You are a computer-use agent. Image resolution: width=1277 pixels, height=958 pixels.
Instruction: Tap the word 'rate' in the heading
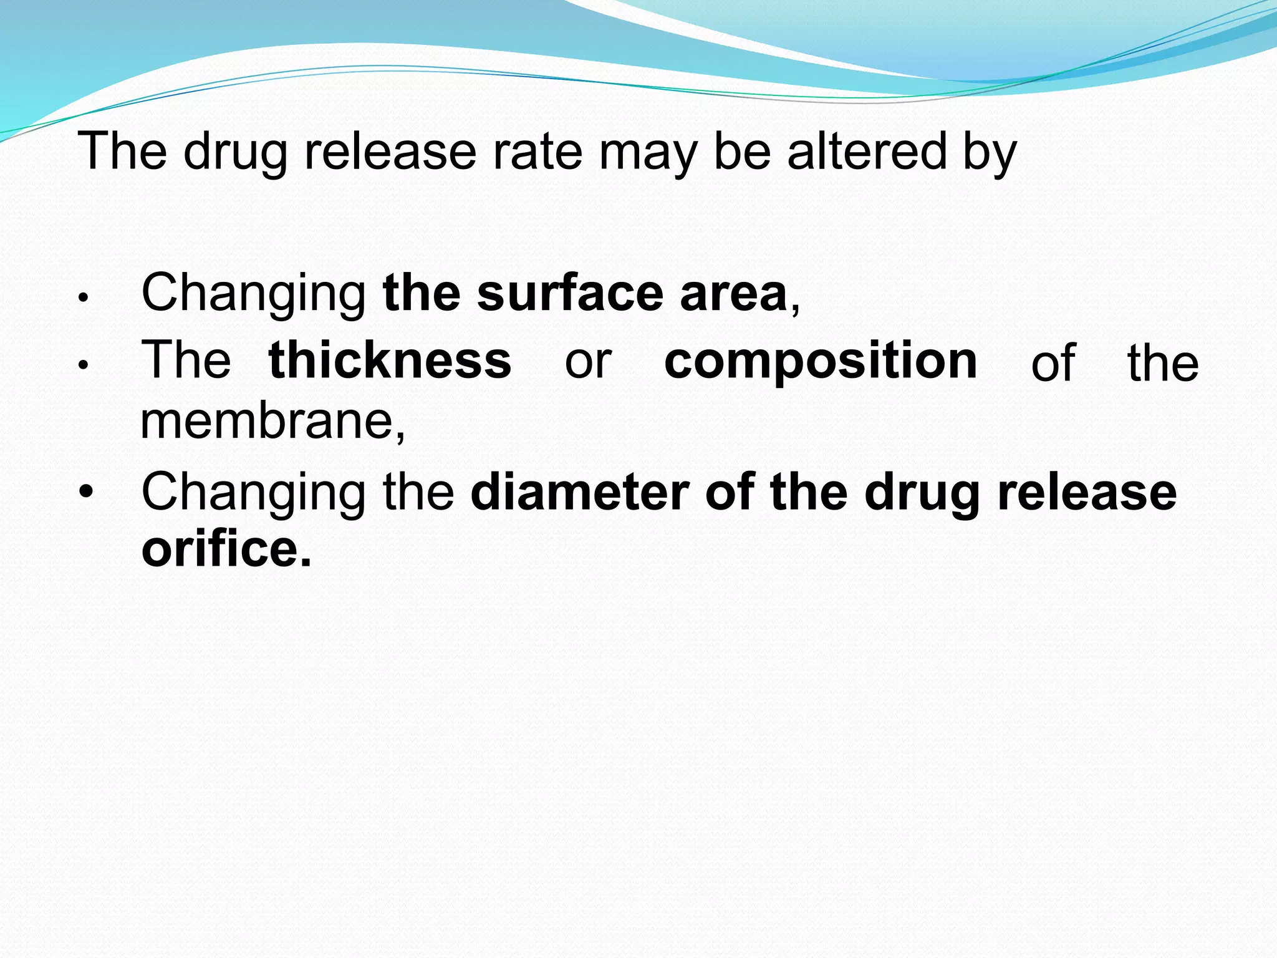[537, 152]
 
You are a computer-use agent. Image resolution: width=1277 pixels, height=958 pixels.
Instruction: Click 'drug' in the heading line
[235, 155]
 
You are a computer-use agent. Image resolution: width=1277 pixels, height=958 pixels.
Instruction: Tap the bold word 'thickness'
[390, 360]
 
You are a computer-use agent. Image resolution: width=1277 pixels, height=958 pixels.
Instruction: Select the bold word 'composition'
[821, 362]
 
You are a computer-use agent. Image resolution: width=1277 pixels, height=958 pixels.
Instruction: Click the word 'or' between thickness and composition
[588, 362]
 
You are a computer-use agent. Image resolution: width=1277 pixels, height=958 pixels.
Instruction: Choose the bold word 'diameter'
[580, 493]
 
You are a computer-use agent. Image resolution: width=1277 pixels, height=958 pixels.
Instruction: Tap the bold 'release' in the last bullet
[1087, 493]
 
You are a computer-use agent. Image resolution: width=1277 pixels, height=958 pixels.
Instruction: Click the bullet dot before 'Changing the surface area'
[85, 298]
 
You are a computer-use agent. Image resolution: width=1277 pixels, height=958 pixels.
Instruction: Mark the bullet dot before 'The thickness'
[85, 366]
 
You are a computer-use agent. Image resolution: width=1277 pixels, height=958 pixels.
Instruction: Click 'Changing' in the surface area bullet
[254, 294]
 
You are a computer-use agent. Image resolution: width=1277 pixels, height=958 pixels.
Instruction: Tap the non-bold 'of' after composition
[1053, 363]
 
